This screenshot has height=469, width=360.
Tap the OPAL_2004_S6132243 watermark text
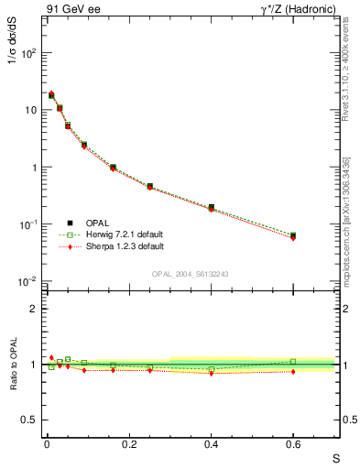coord(189,273)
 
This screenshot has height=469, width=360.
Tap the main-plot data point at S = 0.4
coord(211,208)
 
